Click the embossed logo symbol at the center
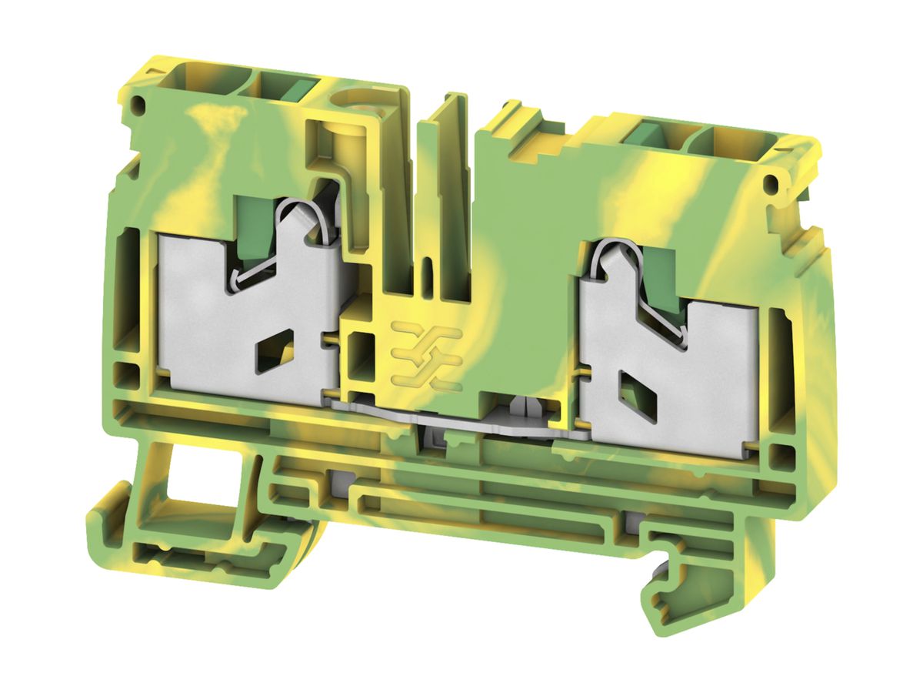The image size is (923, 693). pyautogui.click(x=426, y=350)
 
